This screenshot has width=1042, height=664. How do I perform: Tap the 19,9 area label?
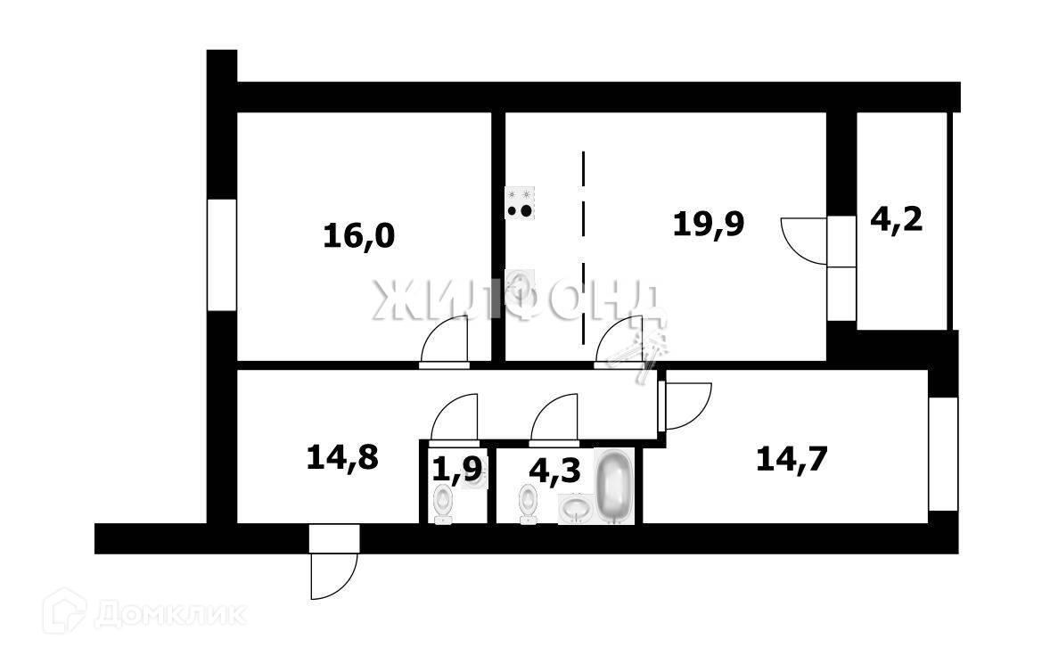(x=709, y=224)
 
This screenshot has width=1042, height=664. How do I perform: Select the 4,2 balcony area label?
(x=895, y=217)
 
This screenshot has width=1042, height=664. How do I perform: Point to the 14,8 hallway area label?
(x=343, y=458)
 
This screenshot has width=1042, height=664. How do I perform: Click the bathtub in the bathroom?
(x=613, y=487)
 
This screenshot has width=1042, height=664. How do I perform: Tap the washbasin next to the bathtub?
(x=576, y=510)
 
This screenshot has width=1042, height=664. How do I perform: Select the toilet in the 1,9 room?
(x=443, y=504)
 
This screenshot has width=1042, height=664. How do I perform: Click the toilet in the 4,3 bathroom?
(x=529, y=504)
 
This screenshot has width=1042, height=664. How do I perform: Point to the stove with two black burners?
(x=521, y=203)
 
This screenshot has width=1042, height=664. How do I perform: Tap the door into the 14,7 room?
(x=686, y=406)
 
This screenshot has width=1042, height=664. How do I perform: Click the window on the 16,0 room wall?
(x=222, y=254)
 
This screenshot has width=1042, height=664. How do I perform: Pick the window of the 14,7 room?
(x=943, y=454)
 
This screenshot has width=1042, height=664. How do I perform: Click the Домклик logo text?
(x=169, y=614)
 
